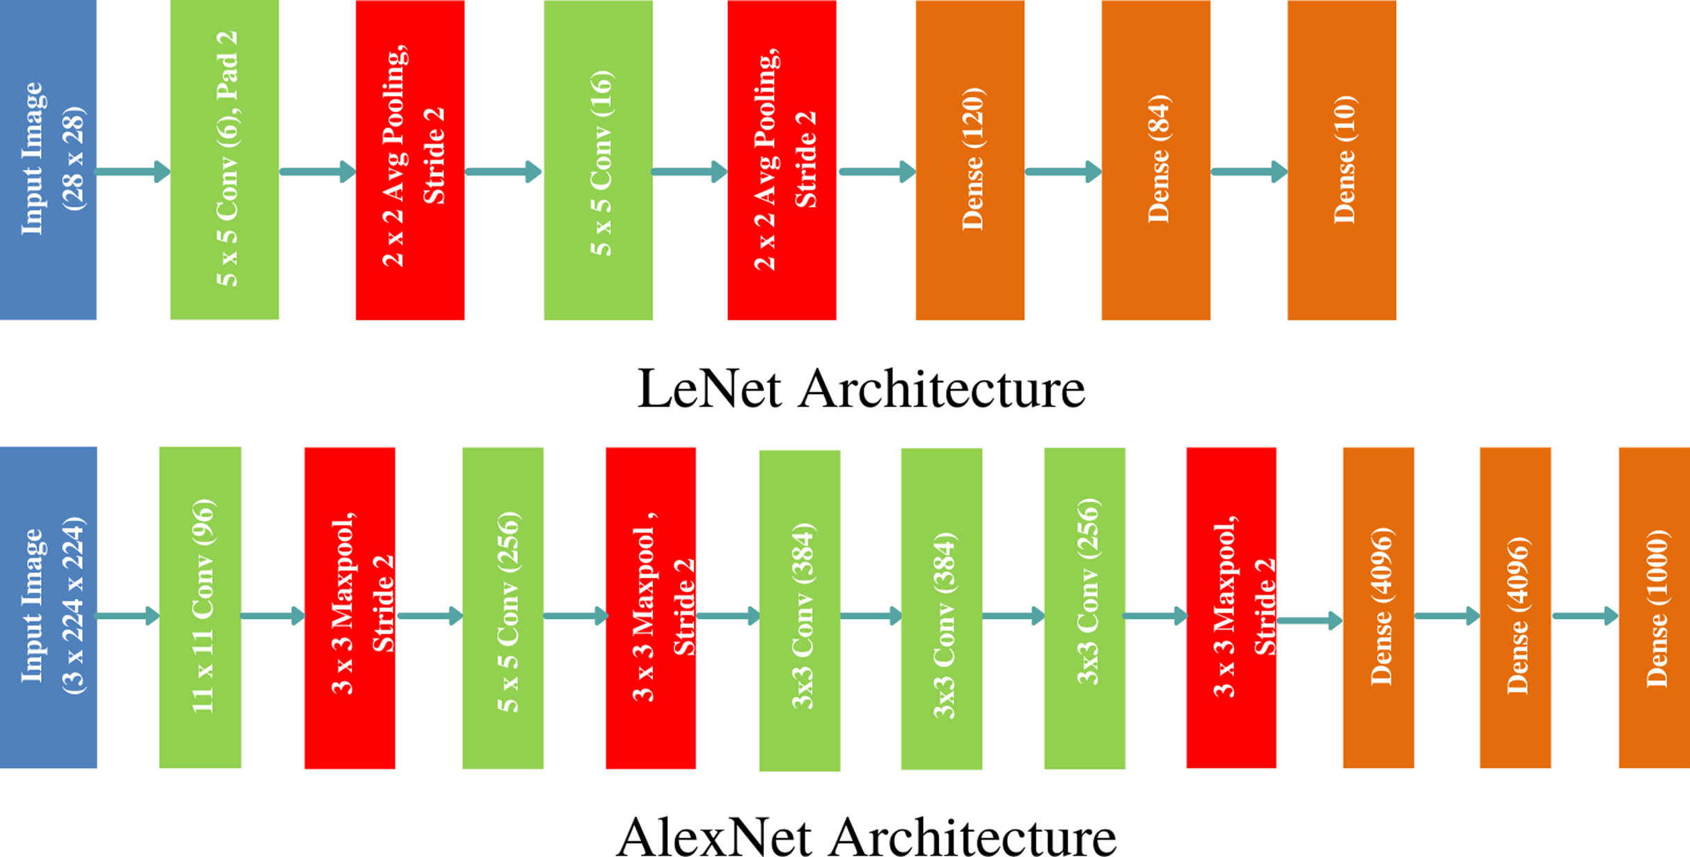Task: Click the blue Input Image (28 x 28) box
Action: (x=48, y=159)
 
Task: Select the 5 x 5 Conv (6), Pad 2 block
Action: (x=224, y=159)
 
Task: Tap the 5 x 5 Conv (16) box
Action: (x=598, y=159)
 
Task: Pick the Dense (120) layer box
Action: (x=970, y=159)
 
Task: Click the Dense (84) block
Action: (x=1155, y=159)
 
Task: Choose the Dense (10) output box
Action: (x=1341, y=159)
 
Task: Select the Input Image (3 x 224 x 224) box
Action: (x=48, y=607)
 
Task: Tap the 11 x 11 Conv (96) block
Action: (x=200, y=607)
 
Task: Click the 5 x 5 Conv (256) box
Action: (x=503, y=607)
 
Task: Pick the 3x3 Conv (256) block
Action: (x=1084, y=607)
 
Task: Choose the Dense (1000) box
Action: (x=1654, y=607)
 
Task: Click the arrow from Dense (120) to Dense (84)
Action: (x=1062, y=171)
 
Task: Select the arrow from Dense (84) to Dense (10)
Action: (x=1249, y=171)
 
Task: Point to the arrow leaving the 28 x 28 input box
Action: (x=132, y=171)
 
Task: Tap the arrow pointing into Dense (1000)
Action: (x=1585, y=616)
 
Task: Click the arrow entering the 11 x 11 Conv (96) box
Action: (x=127, y=616)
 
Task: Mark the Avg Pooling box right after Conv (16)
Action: (x=782, y=159)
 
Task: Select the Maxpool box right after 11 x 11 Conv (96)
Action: (x=349, y=607)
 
